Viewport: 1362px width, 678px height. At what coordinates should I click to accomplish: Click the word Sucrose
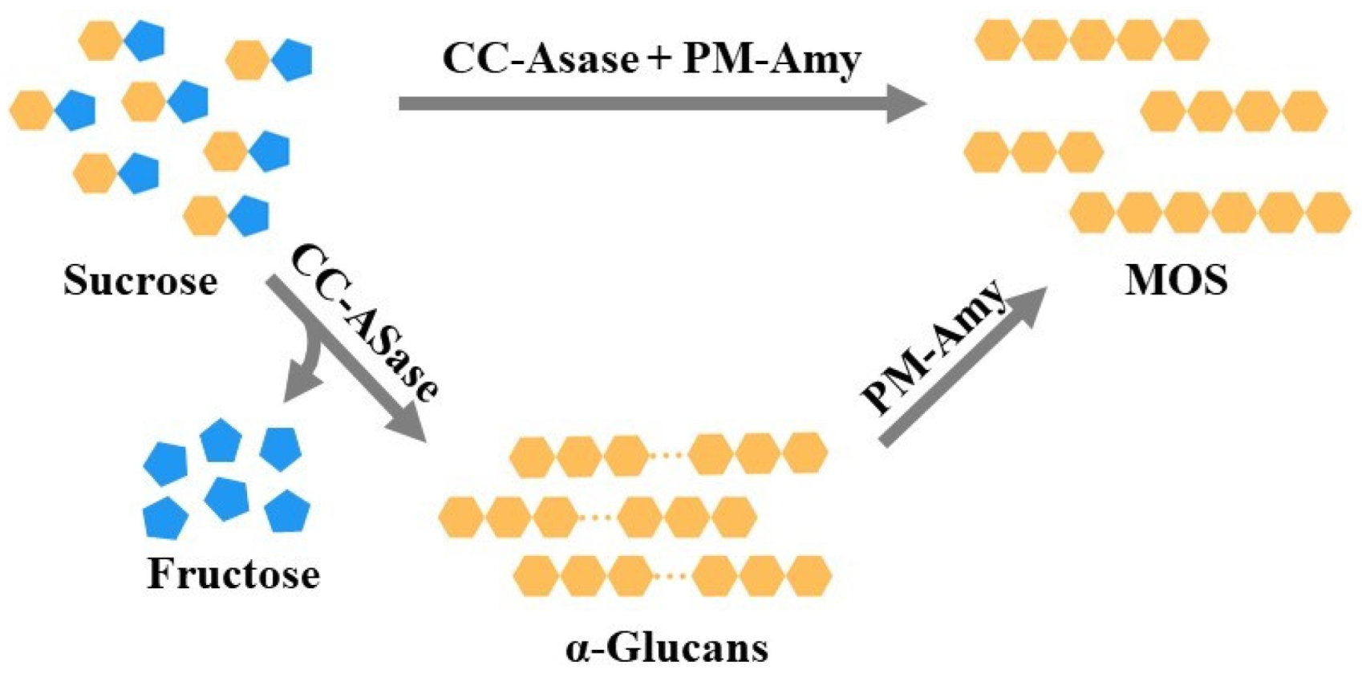pos(140,281)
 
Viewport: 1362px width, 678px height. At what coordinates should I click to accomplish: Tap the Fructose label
pos(233,574)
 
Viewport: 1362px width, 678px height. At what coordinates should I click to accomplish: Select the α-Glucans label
pos(667,648)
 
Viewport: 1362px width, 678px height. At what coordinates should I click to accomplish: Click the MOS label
pos(1176,281)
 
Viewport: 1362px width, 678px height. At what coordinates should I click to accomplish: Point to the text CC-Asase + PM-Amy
pos(651,59)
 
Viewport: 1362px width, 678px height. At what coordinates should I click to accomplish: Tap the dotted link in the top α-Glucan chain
pos(667,455)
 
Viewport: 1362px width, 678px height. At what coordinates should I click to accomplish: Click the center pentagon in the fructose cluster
pos(226,498)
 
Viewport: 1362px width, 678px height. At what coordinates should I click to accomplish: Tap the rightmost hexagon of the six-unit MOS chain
pos(1328,213)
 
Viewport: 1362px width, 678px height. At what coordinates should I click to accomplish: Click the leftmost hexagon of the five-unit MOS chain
pos(997,39)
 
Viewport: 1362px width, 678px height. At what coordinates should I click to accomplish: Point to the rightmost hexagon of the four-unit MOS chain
pos(1304,111)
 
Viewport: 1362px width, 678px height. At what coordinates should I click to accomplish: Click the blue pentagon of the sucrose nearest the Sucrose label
pos(249,215)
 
